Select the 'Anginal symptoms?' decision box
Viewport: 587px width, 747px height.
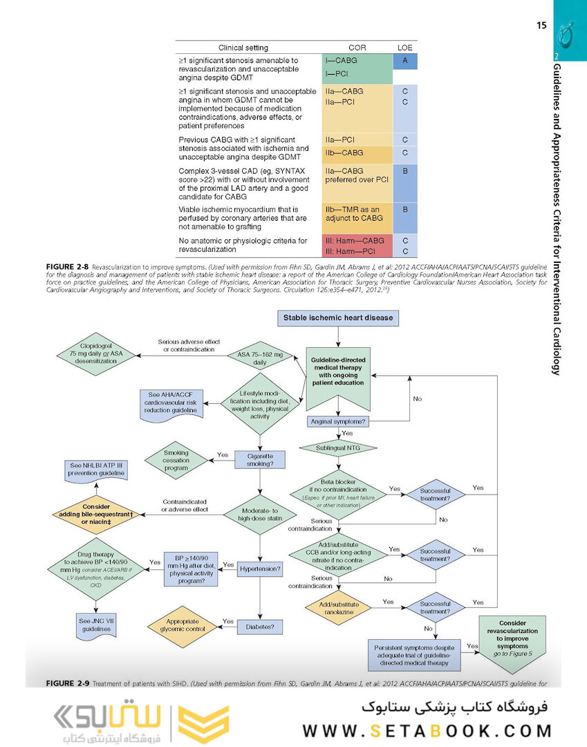(x=338, y=421)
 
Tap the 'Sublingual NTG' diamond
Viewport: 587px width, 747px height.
(x=338, y=448)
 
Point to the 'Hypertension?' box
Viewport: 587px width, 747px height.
(x=260, y=569)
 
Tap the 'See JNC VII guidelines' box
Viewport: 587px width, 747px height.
(x=95, y=625)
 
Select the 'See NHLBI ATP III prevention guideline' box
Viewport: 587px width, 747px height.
(x=95, y=472)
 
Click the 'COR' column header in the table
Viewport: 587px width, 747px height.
(x=357, y=48)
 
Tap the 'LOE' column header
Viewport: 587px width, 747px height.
(x=404, y=48)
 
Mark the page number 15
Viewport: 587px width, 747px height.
(x=541, y=26)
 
